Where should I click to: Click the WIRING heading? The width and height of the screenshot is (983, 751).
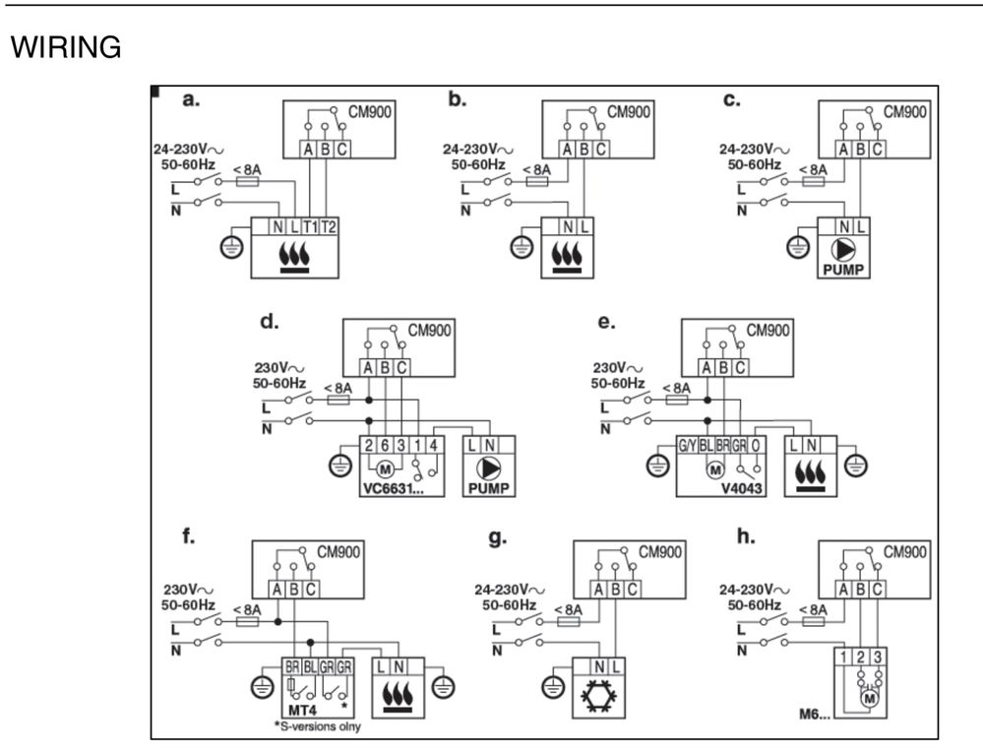65,47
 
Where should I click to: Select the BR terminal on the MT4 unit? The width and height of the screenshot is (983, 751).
292,666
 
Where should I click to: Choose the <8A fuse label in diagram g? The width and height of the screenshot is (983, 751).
566,610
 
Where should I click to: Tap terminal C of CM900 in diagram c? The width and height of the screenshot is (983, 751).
877,150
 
